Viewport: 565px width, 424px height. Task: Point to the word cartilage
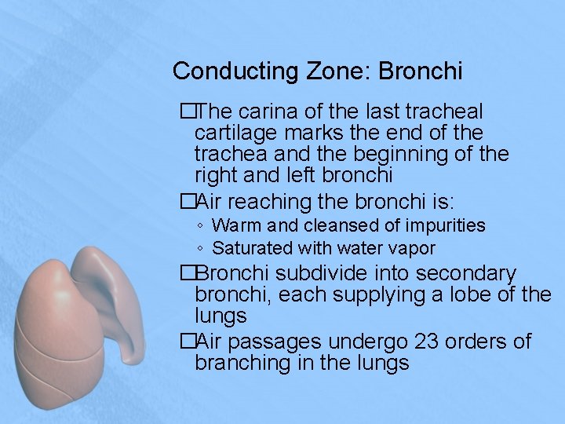click(x=232, y=133)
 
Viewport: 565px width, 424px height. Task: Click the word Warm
click(x=239, y=226)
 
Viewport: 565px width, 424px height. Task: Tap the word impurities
click(x=445, y=226)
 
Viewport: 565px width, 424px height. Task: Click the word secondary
click(x=466, y=274)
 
